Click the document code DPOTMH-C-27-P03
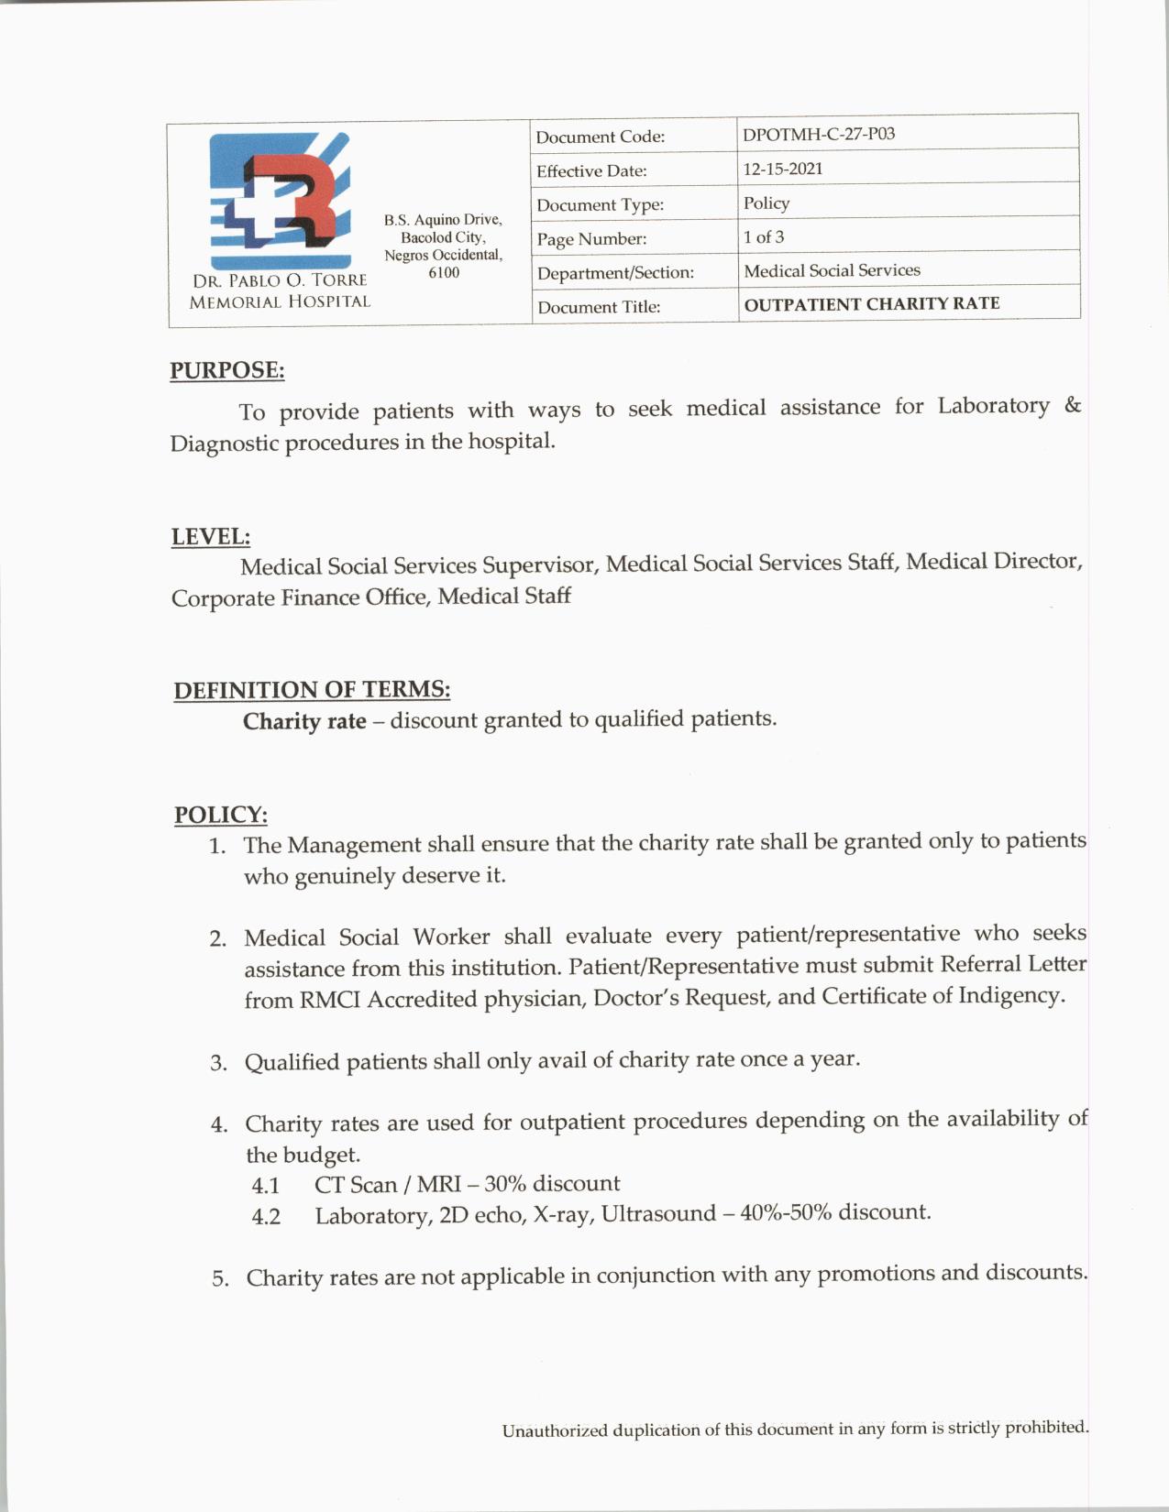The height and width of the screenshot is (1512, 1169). (x=819, y=134)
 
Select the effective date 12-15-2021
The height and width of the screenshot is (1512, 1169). (x=783, y=169)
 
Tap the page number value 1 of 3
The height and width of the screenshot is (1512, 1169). (x=764, y=237)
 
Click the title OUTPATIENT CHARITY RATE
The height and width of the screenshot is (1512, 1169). (x=871, y=304)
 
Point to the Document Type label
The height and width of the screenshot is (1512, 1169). (x=600, y=205)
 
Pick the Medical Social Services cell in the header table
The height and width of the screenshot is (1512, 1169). (x=832, y=270)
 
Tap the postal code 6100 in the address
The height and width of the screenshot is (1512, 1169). (x=444, y=273)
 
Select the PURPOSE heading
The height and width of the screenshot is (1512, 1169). (x=226, y=370)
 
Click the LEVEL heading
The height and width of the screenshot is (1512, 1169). (x=211, y=537)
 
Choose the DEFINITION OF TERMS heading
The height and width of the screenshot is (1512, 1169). (x=312, y=690)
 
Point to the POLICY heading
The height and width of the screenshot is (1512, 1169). (x=221, y=815)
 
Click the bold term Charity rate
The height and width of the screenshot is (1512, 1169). (x=304, y=722)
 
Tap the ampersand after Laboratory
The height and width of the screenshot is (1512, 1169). (x=1073, y=405)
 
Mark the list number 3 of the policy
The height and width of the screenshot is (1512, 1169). (x=218, y=1063)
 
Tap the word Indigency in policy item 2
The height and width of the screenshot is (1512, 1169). (x=1011, y=995)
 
